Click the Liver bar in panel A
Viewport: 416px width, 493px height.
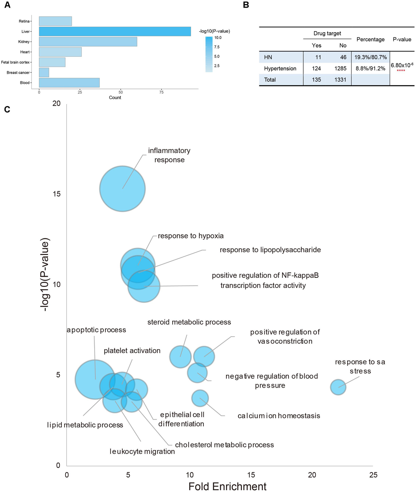click(115, 32)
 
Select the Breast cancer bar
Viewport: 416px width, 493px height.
click(44, 72)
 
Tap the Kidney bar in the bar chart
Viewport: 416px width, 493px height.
click(88, 42)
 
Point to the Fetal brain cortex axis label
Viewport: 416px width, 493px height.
click(15, 62)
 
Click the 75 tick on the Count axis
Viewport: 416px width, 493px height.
click(161, 92)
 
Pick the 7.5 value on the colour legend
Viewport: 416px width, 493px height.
click(217, 47)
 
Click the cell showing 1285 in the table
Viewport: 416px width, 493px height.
click(340, 69)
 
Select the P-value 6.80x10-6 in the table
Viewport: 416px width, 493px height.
click(402, 65)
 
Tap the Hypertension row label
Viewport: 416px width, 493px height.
click(280, 69)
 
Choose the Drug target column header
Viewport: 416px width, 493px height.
click(327, 34)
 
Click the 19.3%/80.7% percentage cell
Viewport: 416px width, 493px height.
click(370, 57)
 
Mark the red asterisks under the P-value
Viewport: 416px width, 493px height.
click(401, 71)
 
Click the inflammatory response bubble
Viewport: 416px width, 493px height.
click(122, 189)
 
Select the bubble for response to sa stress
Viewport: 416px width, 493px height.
click(338, 387)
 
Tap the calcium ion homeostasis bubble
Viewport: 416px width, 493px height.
click(200, 398)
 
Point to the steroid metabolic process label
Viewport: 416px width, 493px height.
click(189, 322)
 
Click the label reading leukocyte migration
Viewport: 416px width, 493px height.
click(142, 451)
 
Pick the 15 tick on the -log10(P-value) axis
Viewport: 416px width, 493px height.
click(57, 194)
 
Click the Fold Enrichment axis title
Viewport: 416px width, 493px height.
click(227, 486)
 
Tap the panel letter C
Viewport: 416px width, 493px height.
click(7, 109)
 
